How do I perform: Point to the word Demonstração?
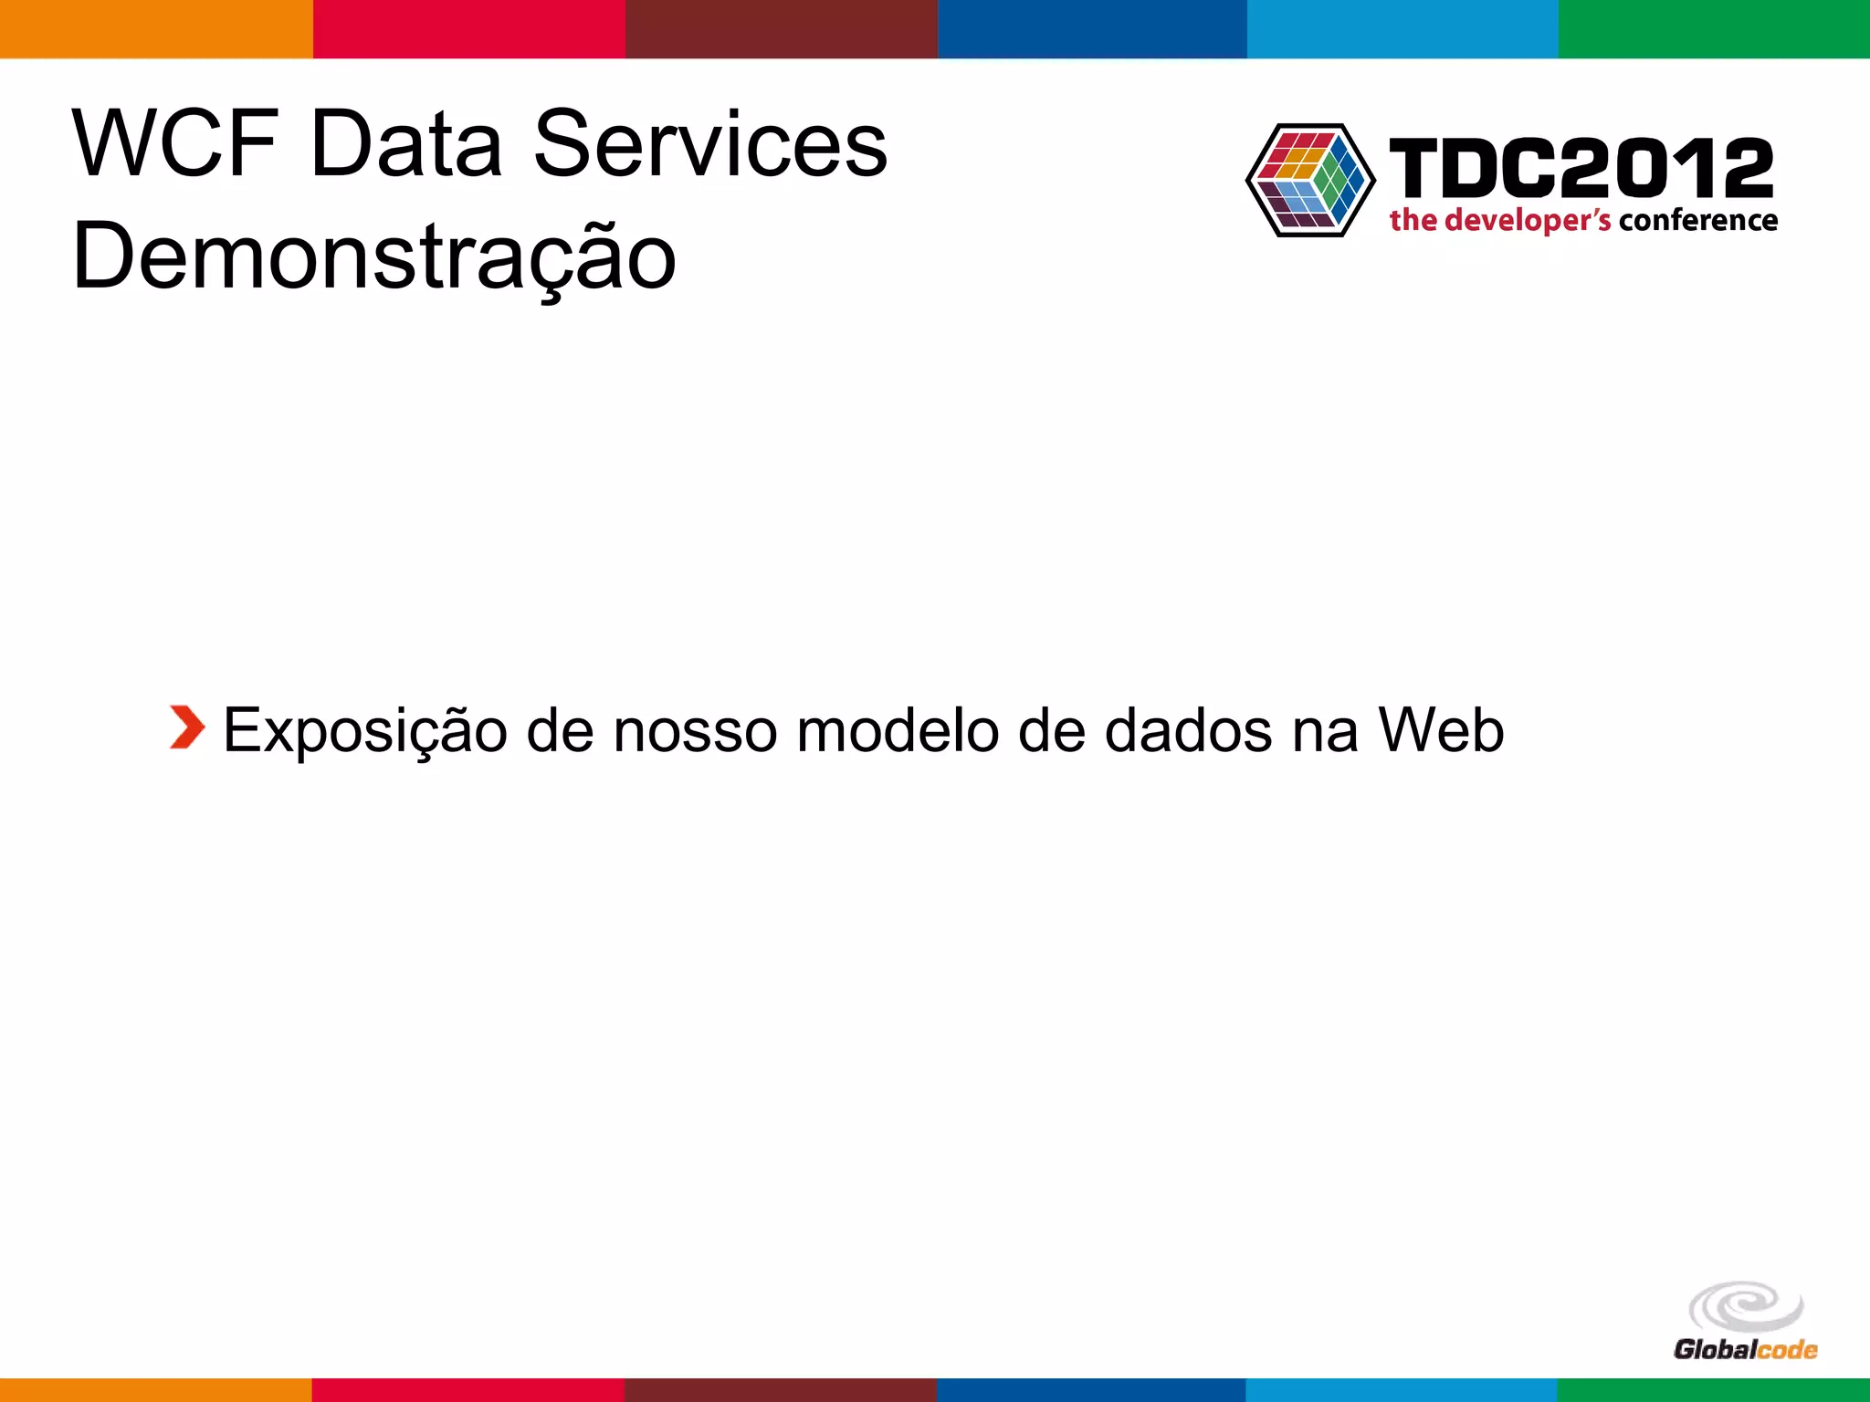coord(374,257)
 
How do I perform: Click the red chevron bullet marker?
coord(187,727)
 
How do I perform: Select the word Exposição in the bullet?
coord(365,731)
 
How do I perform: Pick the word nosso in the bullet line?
coord(694,731)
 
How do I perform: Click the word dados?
coord(1188,731)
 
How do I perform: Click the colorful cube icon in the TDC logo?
coord(1310,180)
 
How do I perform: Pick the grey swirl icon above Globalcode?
coord(1746,1307)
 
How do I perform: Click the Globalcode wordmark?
coord(1745,1349)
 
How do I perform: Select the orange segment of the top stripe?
coord(156,28)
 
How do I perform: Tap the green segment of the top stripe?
coord(1714,28)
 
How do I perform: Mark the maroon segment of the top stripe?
coord(781,28)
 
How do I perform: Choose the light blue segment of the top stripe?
coord(1402,28)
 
